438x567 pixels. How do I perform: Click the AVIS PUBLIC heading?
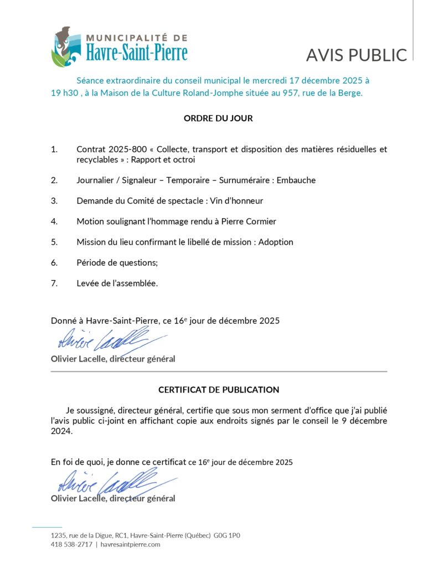(356, 55)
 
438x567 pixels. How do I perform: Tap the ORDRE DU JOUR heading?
(218, 118)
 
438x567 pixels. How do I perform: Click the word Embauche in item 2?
(296, 181)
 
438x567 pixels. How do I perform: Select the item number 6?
(54, 262)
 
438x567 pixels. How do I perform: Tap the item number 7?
(54, 283)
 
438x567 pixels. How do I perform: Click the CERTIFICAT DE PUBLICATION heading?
(219, 390)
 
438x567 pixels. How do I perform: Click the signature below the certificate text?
(105, 481)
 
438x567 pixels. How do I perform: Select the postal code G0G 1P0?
(227, 535)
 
